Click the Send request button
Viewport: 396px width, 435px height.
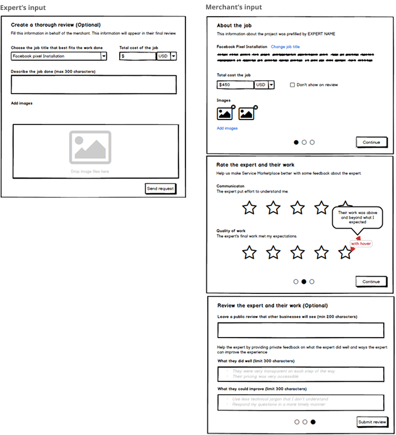(x=160, y=189)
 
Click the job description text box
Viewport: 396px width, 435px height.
(x=94, y=85)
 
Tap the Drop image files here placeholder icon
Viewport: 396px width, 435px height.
(x=90, y=147)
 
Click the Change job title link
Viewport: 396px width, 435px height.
(x=285, y=47)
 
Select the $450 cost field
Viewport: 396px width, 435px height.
(x=235, y=85)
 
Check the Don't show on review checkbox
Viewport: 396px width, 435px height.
(x=292, y=85)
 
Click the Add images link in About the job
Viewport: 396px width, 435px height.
(x=227, y=128)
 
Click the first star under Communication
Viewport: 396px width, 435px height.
(x=250, y=208)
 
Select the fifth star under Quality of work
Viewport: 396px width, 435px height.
(x=346, y=252)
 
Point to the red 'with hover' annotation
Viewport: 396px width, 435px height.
(x=361, y=244)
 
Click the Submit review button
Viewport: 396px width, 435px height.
(x=372, y=422)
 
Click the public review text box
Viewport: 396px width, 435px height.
(x=300, y=330)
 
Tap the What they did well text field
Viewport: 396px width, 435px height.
(x=300, y=374)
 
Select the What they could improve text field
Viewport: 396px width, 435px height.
(x=300, y=402)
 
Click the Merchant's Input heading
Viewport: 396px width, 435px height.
(x=234, y=7)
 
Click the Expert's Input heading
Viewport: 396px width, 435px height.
(x=23, y=7)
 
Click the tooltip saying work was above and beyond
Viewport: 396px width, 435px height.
(x=356, y=217)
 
